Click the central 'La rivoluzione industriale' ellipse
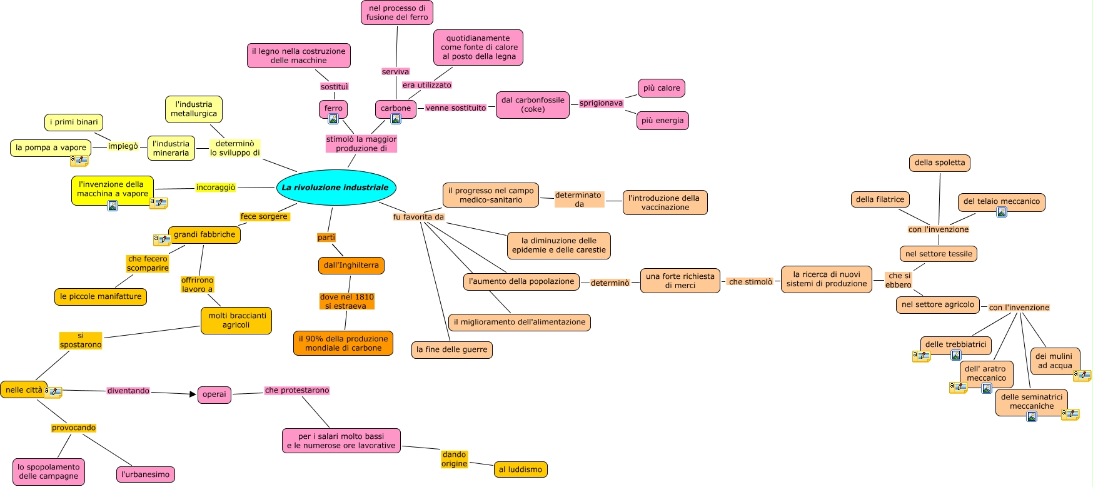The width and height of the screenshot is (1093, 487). [336, 188]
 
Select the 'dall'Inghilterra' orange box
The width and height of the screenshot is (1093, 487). [351, 265]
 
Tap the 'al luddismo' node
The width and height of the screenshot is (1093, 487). [520, 469]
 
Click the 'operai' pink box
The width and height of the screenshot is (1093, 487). [214, 394]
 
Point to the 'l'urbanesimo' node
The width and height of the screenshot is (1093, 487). [145, 474]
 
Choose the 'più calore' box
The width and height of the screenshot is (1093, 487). [661, 88]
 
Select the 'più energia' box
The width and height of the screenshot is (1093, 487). [662, 121]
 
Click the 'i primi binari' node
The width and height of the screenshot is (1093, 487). [74, 122]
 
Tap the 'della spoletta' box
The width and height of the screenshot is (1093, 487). [939, 163]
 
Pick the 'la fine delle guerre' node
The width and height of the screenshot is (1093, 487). [451, 349]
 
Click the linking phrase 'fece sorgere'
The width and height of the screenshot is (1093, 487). [264, 216]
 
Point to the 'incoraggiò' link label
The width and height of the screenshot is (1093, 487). [216, 188]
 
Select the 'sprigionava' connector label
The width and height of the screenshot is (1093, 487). [601, 103]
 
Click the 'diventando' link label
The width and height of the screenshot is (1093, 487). [128, 391]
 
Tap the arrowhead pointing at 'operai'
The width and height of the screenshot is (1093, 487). [193, 394]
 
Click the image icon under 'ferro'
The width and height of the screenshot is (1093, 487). [333, 119]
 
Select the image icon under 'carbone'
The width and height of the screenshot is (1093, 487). [396, 119]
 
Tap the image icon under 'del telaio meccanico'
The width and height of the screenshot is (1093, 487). [1001, 212]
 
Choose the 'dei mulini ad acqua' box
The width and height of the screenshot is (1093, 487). [1054, 361]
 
